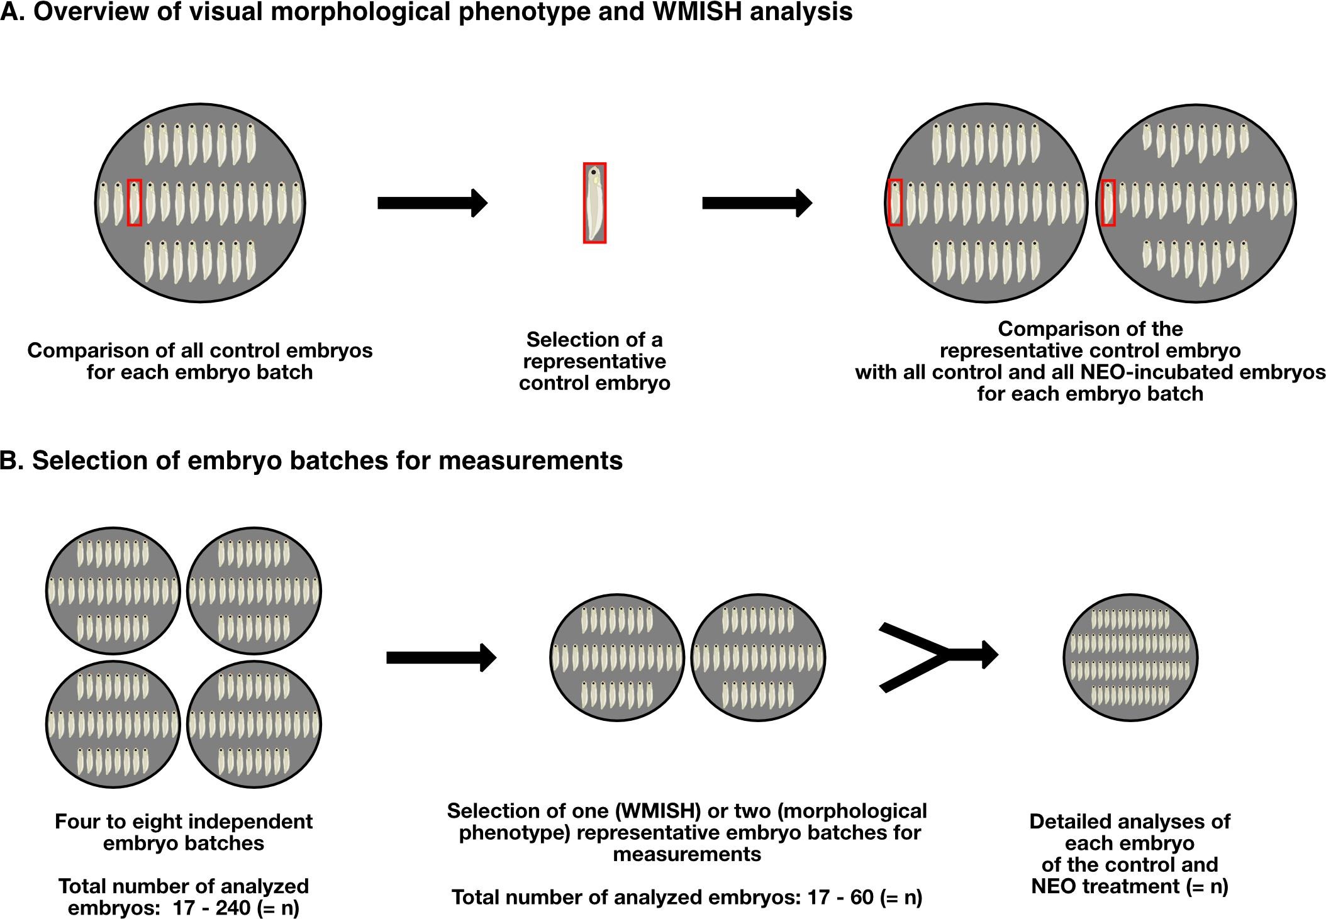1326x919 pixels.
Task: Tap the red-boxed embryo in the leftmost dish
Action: [x=135, y=203]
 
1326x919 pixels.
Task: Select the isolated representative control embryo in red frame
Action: [x=594, y=203]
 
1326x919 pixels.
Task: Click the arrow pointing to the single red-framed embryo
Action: [x=432, y=203]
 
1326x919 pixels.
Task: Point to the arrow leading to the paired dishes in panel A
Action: [x=757, y=203]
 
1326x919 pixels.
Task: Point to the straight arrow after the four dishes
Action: [x=441, y=657]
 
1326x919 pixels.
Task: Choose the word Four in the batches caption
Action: [x=79, y=821]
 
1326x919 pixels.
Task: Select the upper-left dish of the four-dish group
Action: [x=113, y=591]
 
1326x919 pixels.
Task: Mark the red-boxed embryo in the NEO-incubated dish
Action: [x=1108, y=203]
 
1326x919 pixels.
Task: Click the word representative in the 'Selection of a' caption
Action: [x=594, y=362]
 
